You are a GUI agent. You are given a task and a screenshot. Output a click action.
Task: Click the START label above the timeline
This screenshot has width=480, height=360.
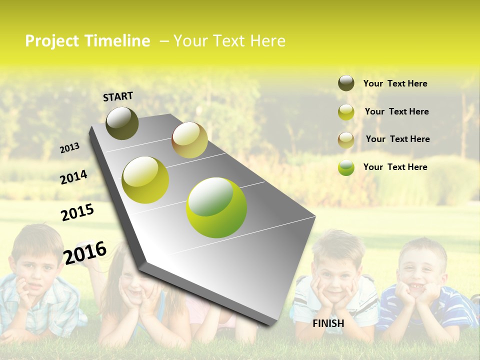[118, 96]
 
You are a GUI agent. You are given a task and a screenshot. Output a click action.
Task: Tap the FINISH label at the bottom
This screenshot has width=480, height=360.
[328, 323]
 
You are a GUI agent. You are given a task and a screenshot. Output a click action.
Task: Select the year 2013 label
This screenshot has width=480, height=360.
[70, 147]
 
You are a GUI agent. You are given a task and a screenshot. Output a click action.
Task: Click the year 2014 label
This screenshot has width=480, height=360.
[73, 177]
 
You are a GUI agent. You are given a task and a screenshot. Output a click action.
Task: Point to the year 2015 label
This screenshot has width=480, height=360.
[77, 212]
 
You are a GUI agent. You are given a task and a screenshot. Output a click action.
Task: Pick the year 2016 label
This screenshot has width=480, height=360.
[85, 252]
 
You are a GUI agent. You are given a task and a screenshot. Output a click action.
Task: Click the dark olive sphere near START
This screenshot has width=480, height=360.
[122, 123]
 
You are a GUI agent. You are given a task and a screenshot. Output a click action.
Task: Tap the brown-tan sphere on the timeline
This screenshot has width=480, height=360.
[189, 140]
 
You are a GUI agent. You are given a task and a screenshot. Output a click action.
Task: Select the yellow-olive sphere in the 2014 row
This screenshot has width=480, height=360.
[145, 180]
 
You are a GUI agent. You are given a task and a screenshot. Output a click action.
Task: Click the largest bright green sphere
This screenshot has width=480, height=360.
[216, 207]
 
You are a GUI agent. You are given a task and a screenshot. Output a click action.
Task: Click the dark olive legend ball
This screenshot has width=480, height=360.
[346, 83]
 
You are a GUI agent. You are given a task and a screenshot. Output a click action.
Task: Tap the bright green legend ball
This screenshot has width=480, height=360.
[346, 167]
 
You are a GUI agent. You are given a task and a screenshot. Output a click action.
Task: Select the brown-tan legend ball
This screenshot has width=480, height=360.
[346, 140]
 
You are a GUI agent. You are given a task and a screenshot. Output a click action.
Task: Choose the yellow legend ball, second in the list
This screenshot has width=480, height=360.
[346, 112]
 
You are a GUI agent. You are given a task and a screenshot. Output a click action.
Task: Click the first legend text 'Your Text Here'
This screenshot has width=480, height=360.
[395, 83]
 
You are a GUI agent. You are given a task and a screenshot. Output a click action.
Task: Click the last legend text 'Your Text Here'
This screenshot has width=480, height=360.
[395, 167]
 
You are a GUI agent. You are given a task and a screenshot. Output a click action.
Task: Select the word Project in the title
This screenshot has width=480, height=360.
[52, 41]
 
